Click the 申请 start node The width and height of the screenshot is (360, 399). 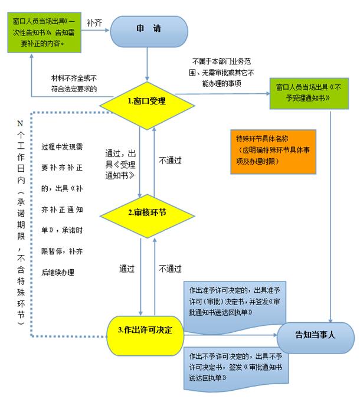[149, 31]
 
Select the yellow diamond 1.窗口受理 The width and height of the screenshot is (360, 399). [147, 105]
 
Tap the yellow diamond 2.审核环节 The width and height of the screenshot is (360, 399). [148, 216]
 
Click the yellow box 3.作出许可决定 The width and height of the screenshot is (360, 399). [145, 336]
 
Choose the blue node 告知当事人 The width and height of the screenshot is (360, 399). [316, 338]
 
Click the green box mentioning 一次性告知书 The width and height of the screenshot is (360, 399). [44, 32]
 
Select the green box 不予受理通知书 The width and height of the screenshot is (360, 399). [309, 93]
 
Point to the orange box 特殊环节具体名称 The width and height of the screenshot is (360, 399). [273, 152]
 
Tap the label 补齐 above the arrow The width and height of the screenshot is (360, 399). [94, 23]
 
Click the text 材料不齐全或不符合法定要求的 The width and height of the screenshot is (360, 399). [74, 83]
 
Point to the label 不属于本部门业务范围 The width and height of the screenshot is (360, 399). [221, 72]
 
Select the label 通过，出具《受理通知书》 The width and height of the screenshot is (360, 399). [120, 165]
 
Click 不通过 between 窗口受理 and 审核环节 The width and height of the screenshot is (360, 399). [170, 161]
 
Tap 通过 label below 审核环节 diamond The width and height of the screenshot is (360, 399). [127, 269]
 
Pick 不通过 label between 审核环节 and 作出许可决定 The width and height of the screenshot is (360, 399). [170, 269]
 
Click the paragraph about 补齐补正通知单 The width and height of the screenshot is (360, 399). [62, 210]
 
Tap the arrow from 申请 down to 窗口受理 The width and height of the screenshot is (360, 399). [147, 64]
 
